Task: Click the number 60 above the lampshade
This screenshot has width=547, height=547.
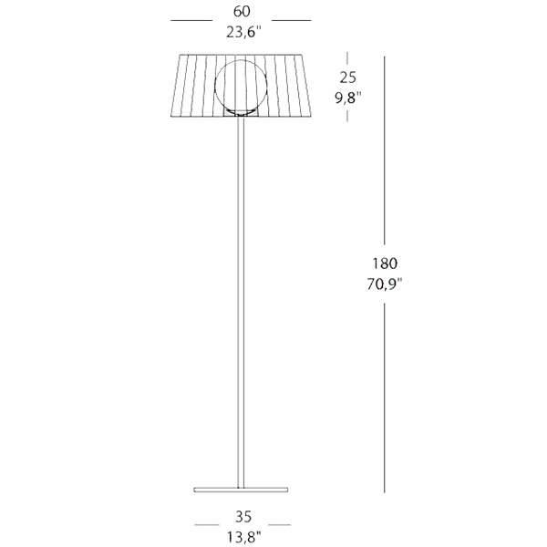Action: [242, 12]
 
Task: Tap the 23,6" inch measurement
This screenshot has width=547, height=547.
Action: [243, 33]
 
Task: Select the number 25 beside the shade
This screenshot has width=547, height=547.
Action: [348, 77]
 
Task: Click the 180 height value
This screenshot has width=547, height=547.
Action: [385, 263]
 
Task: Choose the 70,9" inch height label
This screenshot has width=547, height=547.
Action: [385, 284]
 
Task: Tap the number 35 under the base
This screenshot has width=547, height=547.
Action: [243, 517]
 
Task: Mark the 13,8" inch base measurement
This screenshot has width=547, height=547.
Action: [243, 537]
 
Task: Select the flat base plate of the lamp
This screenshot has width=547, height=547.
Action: [241, 490]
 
